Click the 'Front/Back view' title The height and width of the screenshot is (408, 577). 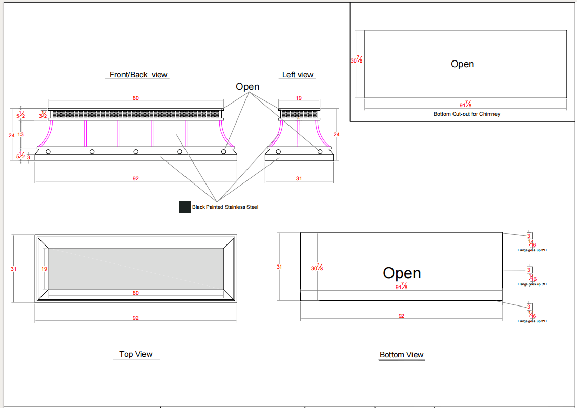(x=138, y=75)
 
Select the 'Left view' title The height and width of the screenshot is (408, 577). (x=298, y=75)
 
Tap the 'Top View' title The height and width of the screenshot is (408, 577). (x=136, y=354)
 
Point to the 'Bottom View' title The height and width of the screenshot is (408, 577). (x=402, y=355)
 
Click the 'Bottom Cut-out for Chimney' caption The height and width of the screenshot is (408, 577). (x=466, y=114)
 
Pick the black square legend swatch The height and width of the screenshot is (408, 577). (x=184, y=207)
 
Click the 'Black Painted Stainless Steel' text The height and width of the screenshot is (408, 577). (x=225, y=207)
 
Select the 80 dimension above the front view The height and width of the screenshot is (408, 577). (x=136, y=98)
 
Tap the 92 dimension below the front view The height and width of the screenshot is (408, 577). (x=136, y=178)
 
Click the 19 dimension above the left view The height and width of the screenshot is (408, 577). (x=299, y=98)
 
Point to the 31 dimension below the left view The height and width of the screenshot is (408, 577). (x=299, y=178)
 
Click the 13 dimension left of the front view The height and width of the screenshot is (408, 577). (x=21, y=135)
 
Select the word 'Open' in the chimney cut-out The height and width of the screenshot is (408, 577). (x=462, y=64)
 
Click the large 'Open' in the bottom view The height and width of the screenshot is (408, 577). (x=402, y=273)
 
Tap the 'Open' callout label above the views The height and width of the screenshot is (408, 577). (x=248, y=87)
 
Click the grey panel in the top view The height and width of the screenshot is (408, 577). (x=136, y=269)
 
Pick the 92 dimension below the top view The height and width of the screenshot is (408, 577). (x=136, y=318)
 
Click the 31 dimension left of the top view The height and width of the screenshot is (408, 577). (x=14, y=269)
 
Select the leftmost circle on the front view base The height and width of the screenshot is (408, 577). (x=48, y=152)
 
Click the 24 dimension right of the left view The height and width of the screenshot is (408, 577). (x=337, y=135)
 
